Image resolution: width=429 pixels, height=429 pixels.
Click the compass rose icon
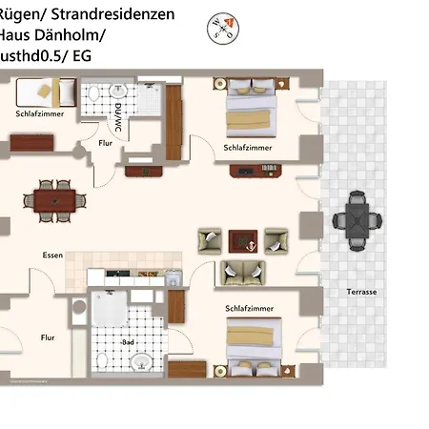[221, 30]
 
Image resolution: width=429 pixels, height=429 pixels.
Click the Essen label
[52, 255]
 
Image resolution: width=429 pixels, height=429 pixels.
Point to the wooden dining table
[53, 199]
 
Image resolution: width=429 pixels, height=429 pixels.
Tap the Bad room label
[128, 341]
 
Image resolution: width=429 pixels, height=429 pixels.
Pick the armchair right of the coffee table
[276, 240]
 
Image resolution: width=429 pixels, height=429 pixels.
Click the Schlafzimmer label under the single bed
[35, 113]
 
